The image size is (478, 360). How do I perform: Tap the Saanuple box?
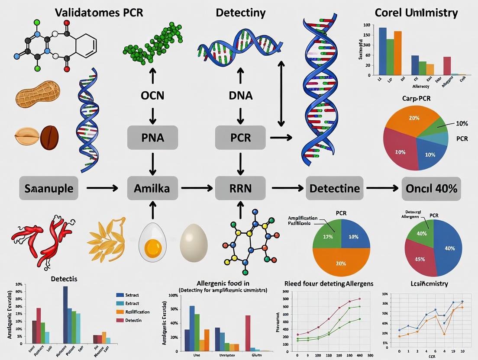(48, 188)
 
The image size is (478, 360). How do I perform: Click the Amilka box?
(152, 188)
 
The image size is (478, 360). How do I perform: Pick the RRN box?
(241, 188)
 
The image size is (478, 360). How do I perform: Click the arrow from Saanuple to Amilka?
(102, 188)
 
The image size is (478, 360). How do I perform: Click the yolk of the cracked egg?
(153, 247)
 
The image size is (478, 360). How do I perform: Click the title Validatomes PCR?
(99, 12)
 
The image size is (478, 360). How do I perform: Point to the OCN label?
(152, 95)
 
